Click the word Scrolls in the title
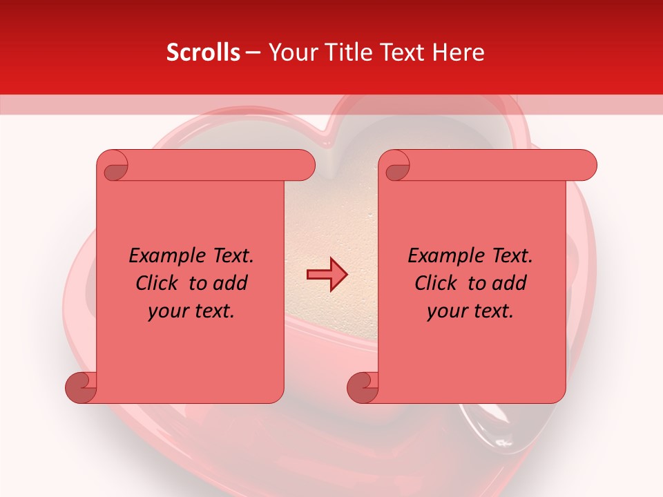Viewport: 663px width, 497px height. tap(203, 52)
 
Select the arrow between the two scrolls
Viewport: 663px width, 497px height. tap(327, 275)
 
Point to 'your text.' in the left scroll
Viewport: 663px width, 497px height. tap(191, 311)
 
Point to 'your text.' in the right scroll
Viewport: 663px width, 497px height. tap(470, 311)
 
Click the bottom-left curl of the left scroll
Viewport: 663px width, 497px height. tap(81, 387)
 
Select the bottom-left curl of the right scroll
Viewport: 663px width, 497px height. tap(363, 387)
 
